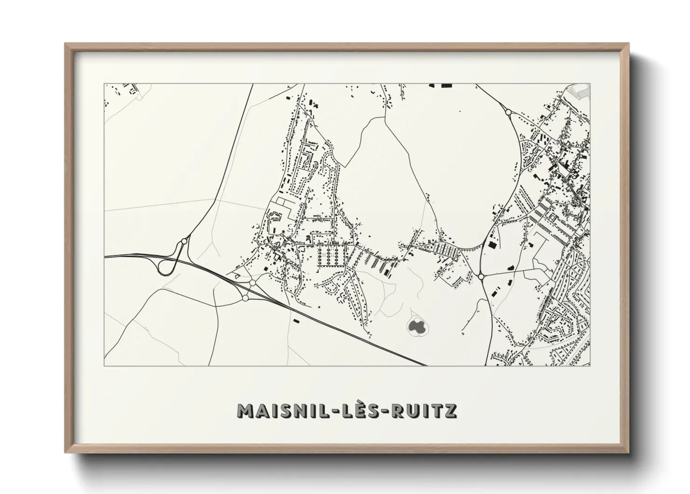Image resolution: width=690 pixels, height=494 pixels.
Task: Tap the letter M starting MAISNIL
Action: [x=246, y=410]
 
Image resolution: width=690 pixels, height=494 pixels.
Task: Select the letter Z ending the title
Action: [x=450, y=410]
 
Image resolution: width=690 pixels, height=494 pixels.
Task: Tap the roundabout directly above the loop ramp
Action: [x=184, y=241]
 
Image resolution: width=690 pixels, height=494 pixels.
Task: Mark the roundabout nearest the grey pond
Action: [x=481, y=277]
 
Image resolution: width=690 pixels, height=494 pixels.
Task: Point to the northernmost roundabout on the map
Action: [x=508, y=112]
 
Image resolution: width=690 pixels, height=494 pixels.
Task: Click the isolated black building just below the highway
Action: [x=296, y=321]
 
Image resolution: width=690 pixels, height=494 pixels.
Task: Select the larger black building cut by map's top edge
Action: [x=446, y=86]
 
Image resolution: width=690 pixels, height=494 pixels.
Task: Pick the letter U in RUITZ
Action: [x=414, y=410]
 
